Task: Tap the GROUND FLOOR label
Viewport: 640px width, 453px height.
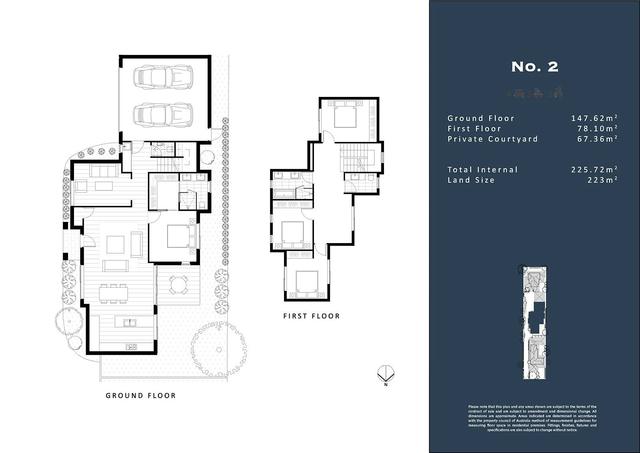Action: point(140,396)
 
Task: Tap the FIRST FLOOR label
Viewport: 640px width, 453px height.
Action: point(312,316)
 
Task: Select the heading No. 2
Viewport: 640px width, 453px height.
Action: point(534,67)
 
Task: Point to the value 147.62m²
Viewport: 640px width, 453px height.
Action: point(594,118)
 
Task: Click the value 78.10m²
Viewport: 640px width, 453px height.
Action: point(597,129)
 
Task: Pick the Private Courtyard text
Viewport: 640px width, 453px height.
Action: point(492,139)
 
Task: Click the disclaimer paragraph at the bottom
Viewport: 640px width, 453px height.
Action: point(532,418)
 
